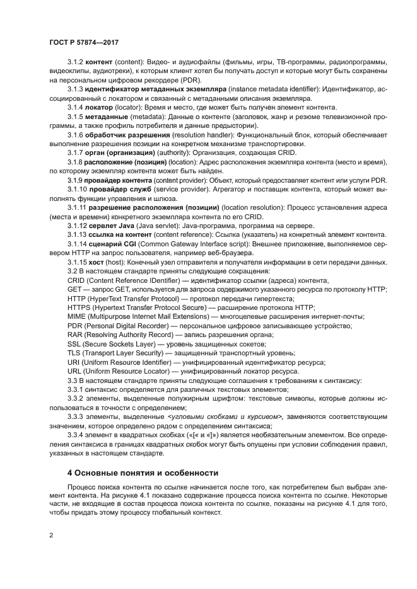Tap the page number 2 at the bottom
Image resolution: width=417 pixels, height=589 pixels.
pos(51,535)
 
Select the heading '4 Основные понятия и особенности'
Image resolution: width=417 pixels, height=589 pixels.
pos(143,472)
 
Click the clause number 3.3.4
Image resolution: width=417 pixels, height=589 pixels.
pos(76,435)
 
